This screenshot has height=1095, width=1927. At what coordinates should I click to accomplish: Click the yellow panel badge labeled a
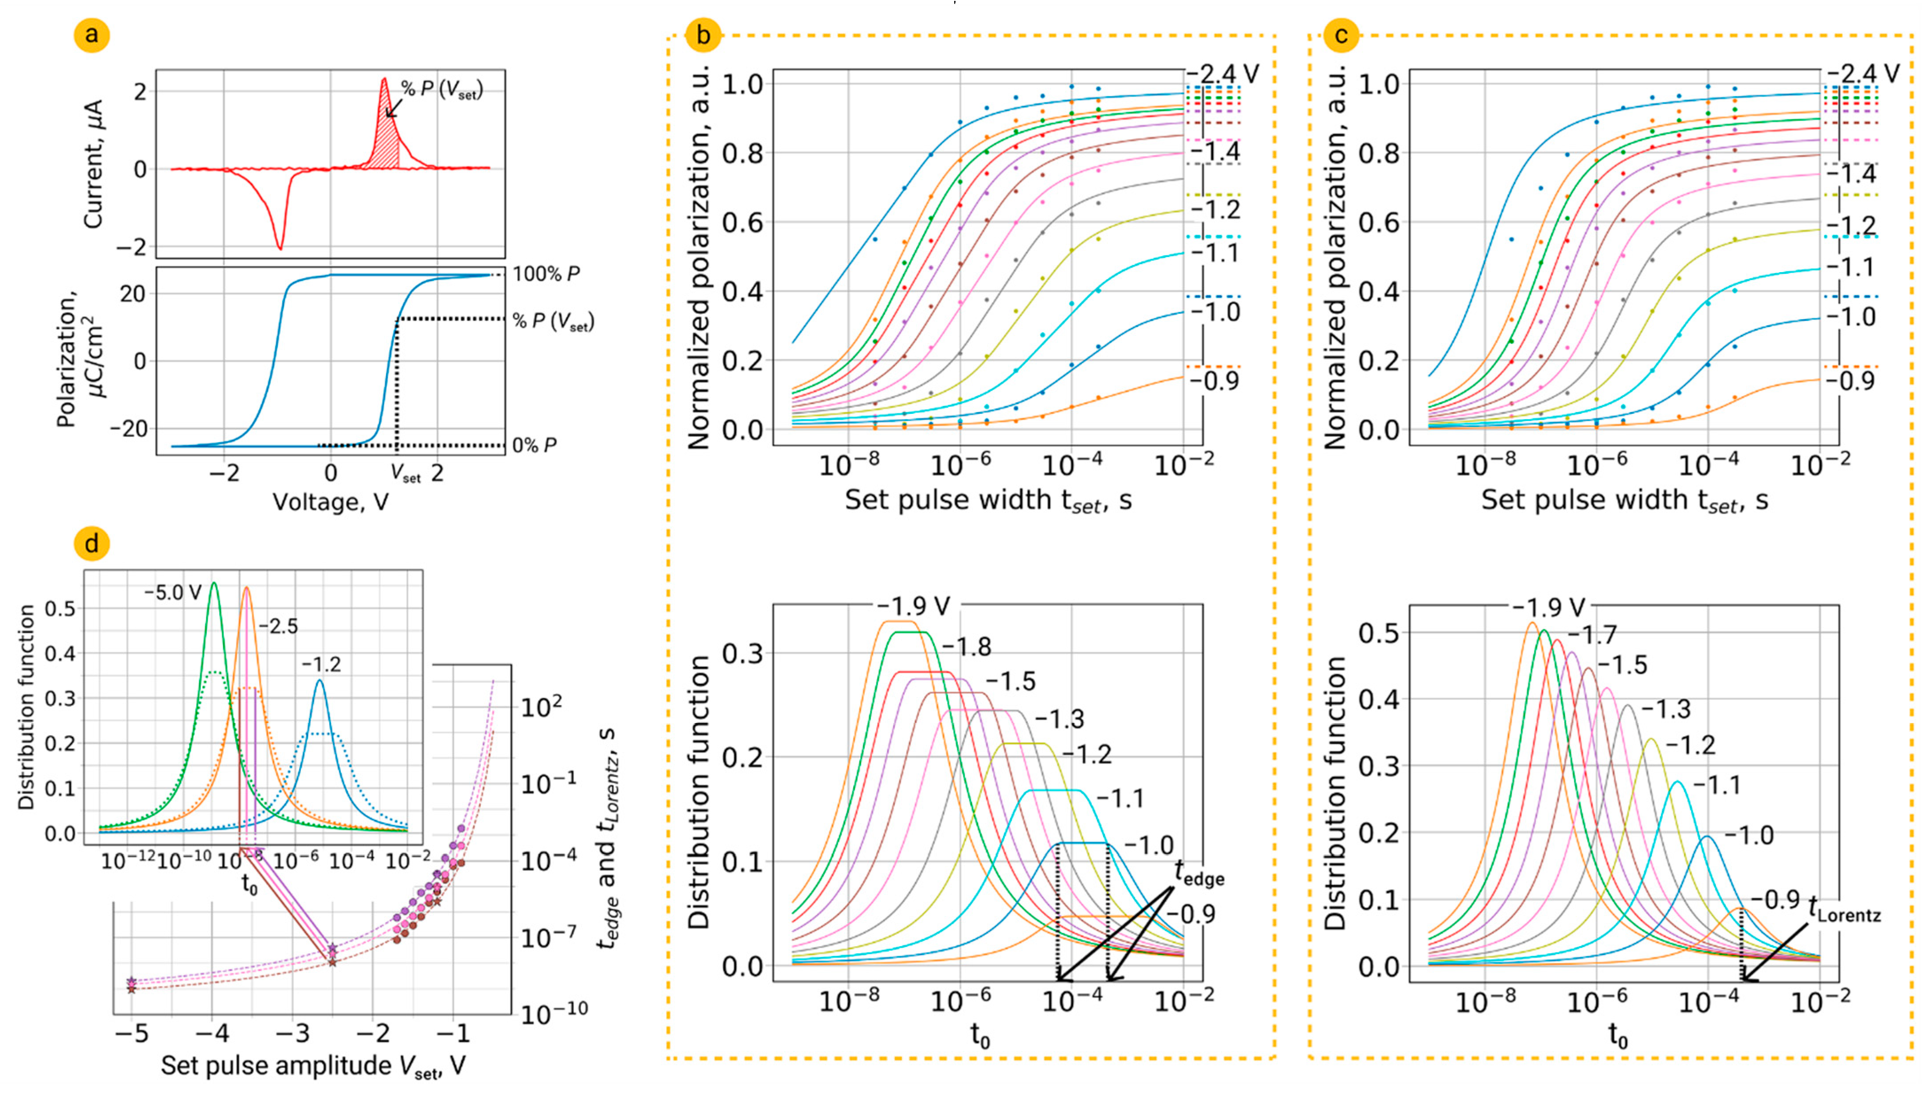[92, 35]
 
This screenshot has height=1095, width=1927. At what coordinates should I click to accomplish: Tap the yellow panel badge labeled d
[92, 543]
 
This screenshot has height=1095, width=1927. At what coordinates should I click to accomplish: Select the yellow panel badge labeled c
[1340, 35]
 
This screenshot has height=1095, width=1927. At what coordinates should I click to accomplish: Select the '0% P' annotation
[534, 445]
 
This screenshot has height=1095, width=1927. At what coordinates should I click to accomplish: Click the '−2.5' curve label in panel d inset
[278, 627]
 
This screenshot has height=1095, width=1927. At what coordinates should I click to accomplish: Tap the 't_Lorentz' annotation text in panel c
[1844, 912]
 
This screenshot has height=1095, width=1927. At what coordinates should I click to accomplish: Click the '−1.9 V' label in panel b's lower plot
[913, 606]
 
